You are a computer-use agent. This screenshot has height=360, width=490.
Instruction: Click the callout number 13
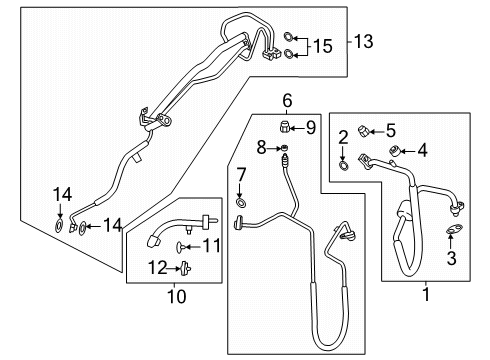point(363,42)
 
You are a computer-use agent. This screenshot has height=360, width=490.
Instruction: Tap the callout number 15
point(323,46)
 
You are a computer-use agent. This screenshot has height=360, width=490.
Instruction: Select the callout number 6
point(287,100)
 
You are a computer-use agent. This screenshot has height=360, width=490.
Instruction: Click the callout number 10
point(177,296)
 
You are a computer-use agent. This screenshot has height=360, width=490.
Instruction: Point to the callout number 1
point(426,294)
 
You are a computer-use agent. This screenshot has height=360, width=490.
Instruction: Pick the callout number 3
point(451,258)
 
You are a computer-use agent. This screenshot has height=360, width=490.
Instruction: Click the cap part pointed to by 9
point(284,127)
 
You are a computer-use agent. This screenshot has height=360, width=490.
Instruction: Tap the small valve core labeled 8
point(284,147)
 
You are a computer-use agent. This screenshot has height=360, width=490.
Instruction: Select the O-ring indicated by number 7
point(241,202)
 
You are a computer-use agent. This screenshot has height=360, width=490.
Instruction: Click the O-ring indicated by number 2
point(344,165)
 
